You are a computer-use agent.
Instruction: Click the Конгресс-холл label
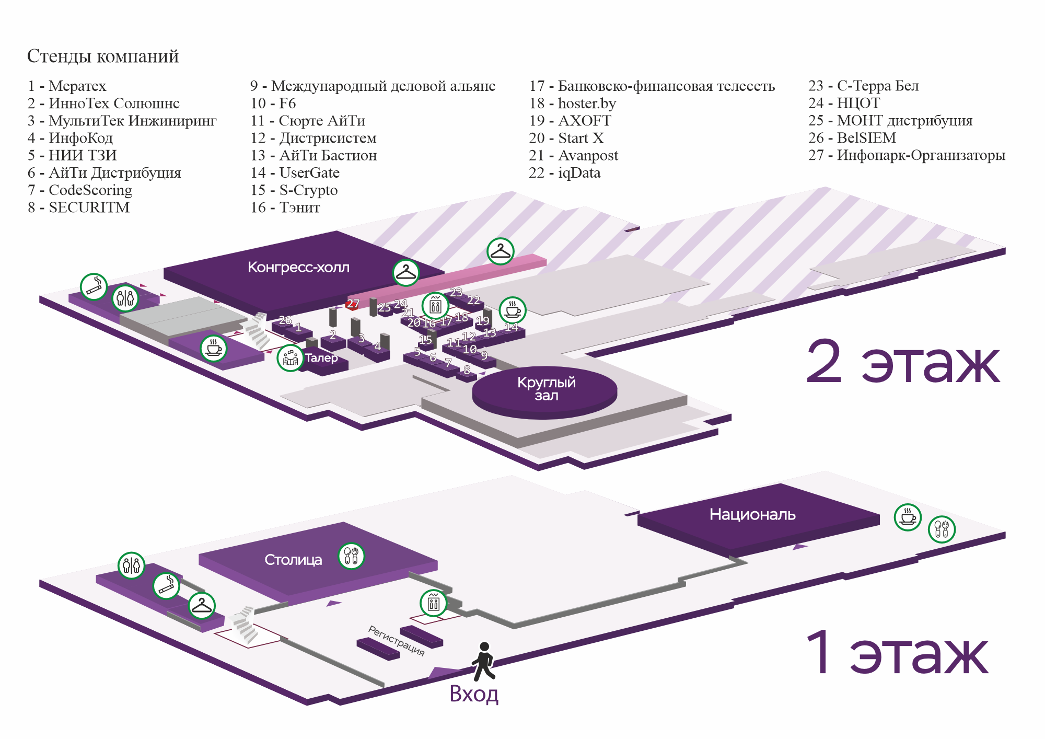[x=298, y=268]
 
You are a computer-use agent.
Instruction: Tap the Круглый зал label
[x=546, y=389]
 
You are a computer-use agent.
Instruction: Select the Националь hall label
[x=752, y=515]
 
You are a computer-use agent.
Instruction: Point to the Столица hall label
[x=293, y=560]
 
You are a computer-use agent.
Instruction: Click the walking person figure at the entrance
[x=483, y=661]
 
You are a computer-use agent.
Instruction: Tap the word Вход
[x=474, y=695]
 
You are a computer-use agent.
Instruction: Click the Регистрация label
[x=397, y=641]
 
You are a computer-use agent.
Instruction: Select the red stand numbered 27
[x=353, y=304]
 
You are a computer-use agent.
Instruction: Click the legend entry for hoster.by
[x=573, y=103]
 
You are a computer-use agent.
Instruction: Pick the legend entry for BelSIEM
[x=852, y=138]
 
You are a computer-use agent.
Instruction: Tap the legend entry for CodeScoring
[x=80, y=190]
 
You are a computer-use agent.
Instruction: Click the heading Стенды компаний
[x=103, y=56]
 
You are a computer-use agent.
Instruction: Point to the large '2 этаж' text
[x=902, y=362]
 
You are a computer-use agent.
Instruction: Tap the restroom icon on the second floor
[x=125, y=298]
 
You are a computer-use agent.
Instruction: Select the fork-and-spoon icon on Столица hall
[x=351, y=556]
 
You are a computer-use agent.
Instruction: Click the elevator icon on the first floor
[x=434, y=604]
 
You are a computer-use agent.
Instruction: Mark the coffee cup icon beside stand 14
[x=513, y=310]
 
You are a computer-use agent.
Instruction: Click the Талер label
[x=321, y=358]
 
